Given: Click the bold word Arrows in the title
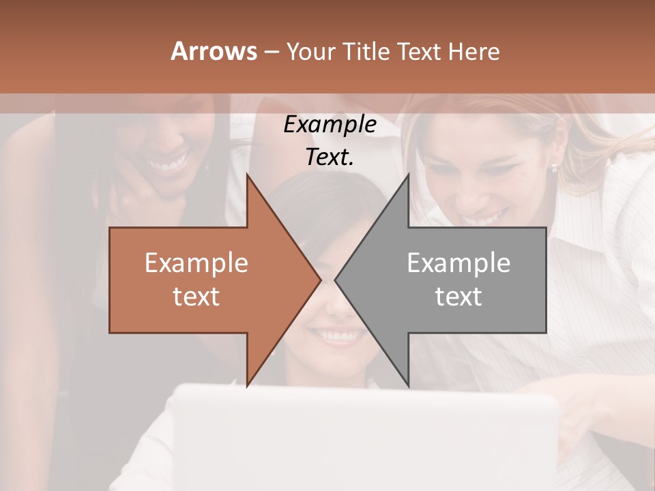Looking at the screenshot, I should click(213, 51).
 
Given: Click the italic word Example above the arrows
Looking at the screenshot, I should click(330, 125).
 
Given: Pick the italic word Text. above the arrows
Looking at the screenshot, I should click(330, 157).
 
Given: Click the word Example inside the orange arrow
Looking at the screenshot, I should click(196, 263).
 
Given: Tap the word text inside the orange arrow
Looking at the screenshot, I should click(196, 296).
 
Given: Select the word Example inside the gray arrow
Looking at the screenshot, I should click(458, 263).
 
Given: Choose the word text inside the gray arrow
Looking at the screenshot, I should click(458, 296).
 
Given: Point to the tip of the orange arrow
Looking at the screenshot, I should click(320, 280).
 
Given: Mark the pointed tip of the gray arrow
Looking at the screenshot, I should click(336, 280).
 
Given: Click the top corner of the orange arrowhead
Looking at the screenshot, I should click(247, 175).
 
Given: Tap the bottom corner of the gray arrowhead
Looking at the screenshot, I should click(408, 386).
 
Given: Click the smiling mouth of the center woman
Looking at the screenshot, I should click(335, 336).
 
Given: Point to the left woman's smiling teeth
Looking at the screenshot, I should click(169, 164).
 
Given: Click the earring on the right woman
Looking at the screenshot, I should click(554, 168).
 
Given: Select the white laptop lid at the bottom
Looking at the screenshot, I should click(368, 436).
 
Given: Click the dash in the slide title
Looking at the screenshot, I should click(271, 52).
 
